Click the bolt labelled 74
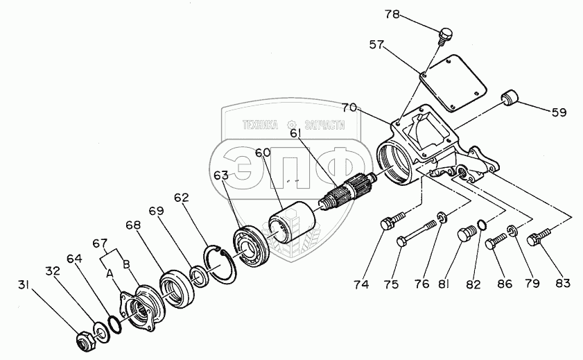388,223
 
